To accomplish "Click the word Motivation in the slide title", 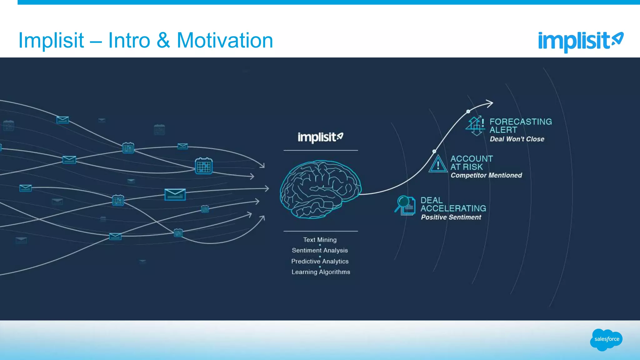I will pos(225,41).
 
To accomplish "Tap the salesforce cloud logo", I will pos(606,339).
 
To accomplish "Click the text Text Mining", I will pos(320,240).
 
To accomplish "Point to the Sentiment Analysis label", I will pos(320,250).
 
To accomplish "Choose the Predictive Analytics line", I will pos(320,261).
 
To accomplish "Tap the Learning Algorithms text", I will pos(321,272).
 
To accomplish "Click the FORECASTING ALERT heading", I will pos(520,126).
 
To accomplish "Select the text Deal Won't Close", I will pos(517,139).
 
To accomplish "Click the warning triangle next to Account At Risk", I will pos(438,164).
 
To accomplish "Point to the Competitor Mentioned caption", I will pos(486,175).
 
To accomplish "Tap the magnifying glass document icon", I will pos(405,205).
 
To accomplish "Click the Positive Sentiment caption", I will pos(451,217).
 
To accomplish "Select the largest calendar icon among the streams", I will pos(203,166).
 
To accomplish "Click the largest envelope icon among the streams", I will pos(175,194).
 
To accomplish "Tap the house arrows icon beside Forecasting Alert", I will pos(475,126).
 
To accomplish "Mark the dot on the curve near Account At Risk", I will pos(434,151).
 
